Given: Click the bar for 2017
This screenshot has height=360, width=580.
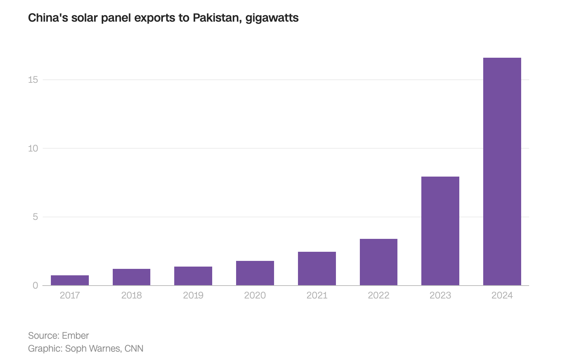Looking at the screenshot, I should point(70,280).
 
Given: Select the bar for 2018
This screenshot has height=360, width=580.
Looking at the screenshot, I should point(131,277).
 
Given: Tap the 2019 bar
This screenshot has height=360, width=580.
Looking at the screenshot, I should point(193,276).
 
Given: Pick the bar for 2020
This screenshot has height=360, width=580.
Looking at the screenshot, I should point(255,273).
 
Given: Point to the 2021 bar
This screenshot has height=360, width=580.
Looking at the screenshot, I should point(317,268).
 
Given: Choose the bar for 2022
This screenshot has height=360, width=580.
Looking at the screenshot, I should point(378,262).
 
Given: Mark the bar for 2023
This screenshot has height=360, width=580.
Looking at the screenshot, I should point(440,231).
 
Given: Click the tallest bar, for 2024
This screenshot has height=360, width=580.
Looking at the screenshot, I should point(502,172).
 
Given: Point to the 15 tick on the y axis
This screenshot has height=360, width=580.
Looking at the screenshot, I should point(33,79).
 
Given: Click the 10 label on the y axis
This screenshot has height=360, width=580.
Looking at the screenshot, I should point(33,148).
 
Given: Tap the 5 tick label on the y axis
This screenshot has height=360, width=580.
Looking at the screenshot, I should point(35,217).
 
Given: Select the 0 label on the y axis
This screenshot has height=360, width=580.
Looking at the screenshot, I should point(35,286).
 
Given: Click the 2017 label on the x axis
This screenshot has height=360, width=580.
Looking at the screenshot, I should point(70,295).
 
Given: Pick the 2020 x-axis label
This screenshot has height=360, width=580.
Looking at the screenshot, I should point(255,295).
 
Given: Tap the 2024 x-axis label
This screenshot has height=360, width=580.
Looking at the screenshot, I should point(502,295).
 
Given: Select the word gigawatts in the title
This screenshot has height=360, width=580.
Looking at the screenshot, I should point(272,18).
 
